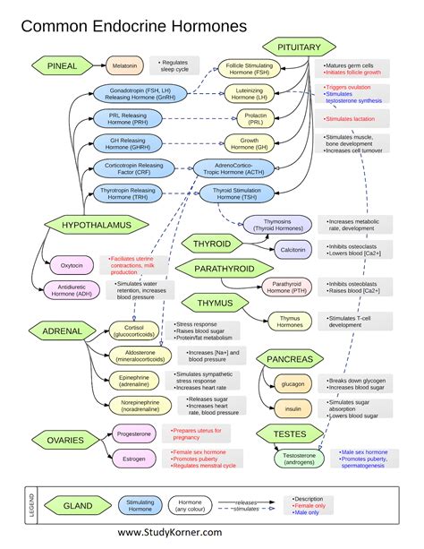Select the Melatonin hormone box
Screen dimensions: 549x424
[x=125, y=65]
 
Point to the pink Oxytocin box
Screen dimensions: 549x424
[x=72, y=265]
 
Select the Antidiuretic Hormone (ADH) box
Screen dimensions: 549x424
[x=70, y=289]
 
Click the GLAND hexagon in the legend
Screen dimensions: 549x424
[x=78, y=506]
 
